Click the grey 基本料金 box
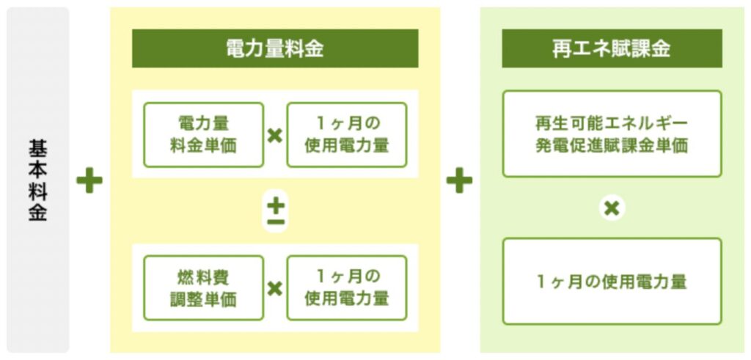click(38, 180)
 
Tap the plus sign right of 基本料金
click(89, 180)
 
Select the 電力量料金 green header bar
click(275, 48)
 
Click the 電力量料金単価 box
click(204, 135)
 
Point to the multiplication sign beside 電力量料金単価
click(275, 136)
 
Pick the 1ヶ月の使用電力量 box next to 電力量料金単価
click(347, 135)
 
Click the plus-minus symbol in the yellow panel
click(276, 211)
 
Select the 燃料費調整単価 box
click(204, 288)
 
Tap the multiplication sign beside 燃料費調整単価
click(275, 289)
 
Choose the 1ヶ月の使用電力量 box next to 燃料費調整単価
click(347, 288)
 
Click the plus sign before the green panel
click(459, 180)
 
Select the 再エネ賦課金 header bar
click(612, 48)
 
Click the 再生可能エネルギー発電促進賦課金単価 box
click(612, 134)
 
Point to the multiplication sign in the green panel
click(612, 209)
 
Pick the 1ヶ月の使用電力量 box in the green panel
click(612, 282)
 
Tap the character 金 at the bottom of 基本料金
click(38, 212)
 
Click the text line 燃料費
click(203, 277)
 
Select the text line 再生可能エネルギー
click(612, 123)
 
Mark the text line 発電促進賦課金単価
click(612, 145)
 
